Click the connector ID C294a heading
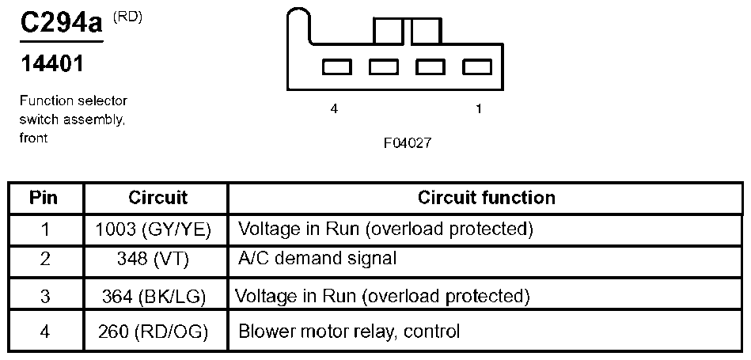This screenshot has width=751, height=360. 62,24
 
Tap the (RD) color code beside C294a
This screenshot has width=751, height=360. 128,17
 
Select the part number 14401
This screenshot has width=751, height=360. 52,63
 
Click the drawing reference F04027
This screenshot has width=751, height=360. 408,142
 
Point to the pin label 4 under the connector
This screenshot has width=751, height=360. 334,109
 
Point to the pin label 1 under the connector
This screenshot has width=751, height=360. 478,109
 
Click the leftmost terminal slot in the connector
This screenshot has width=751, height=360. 336,67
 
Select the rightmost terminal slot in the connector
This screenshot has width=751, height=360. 477,67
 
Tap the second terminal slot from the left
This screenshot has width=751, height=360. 384,67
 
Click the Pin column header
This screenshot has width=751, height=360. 44,198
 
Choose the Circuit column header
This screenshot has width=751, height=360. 158,198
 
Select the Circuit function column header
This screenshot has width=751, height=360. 486,198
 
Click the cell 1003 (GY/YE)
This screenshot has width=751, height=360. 154,230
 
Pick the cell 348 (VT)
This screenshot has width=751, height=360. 154,259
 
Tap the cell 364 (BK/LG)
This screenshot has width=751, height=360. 154,297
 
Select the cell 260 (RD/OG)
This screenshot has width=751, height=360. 154,332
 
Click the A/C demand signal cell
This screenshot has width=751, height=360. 317,259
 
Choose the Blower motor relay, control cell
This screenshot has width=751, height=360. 349,332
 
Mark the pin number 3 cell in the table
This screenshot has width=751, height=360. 44,297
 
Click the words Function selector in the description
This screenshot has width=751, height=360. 74,101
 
